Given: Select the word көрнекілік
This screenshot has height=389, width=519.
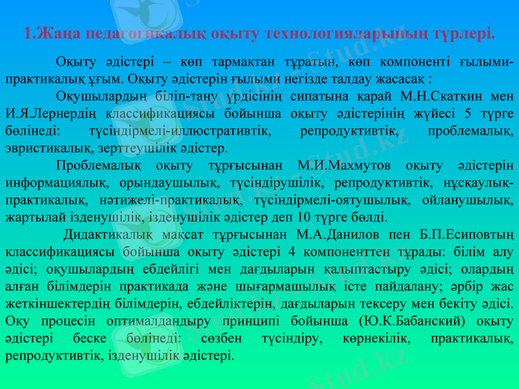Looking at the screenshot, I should pos(374,338).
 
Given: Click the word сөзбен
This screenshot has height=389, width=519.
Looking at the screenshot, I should pos(222,338).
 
